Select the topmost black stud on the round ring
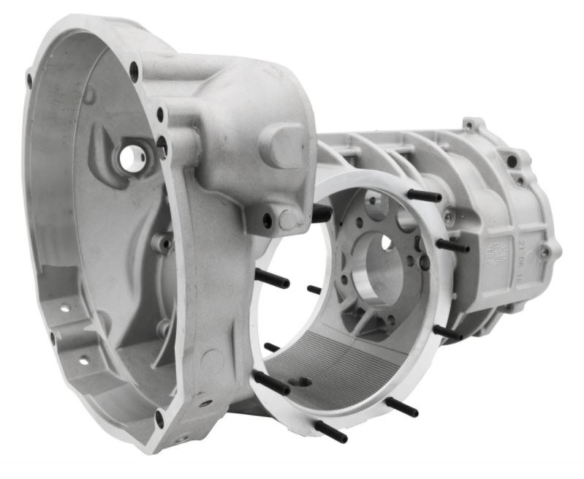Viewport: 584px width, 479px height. click(x=423, y=196)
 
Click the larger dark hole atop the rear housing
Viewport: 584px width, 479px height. click(x=512, y=160)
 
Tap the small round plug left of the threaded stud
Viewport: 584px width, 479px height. click(x=287, y=219)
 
